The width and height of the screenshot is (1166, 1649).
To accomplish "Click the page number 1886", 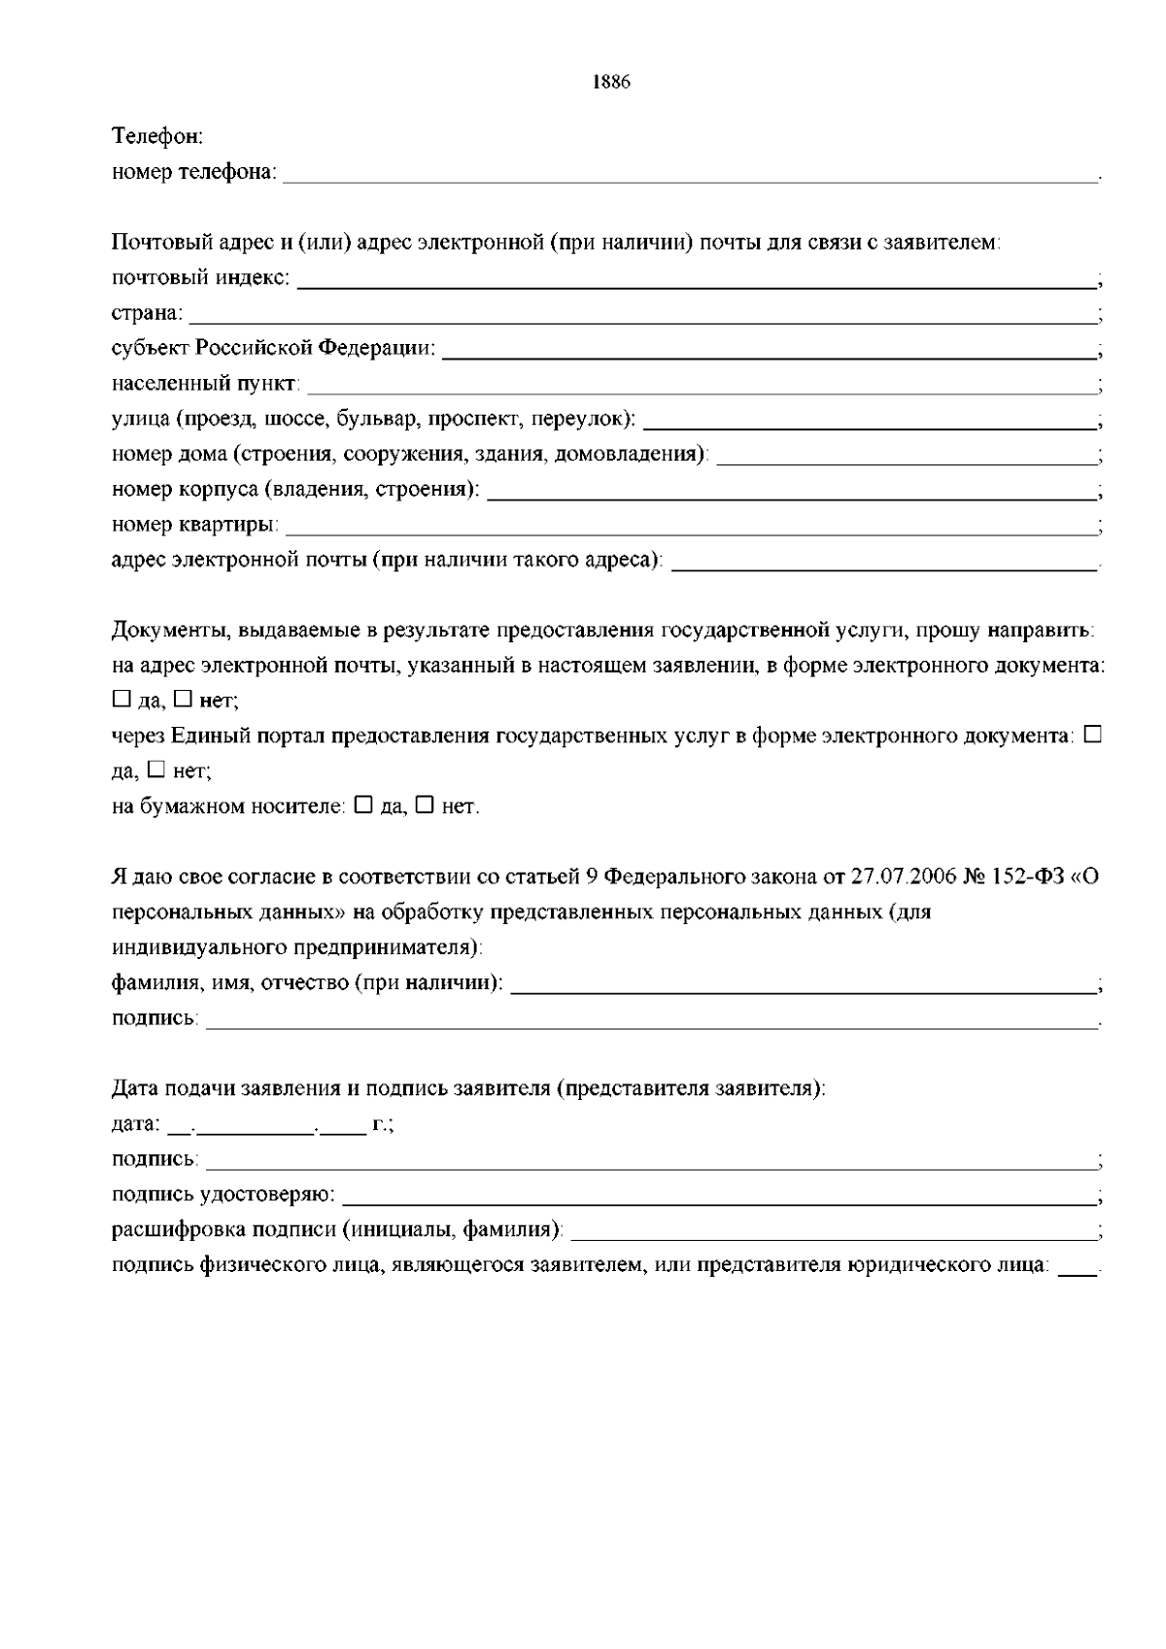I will [611, 83].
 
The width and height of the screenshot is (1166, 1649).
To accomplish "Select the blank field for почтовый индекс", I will [695, 280].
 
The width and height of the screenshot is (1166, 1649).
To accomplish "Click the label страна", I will [147, 314].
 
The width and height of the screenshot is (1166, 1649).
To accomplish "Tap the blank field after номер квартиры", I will [689, 526].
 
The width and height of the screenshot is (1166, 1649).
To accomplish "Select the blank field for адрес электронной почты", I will [883, 562].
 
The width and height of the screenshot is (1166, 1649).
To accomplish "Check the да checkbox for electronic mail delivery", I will [120, 699].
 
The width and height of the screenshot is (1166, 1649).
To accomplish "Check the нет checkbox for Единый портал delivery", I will [155, 771].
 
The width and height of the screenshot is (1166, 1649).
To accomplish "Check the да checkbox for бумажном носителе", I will [363, 806].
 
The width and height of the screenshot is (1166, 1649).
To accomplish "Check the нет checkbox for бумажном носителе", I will [424, 806].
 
